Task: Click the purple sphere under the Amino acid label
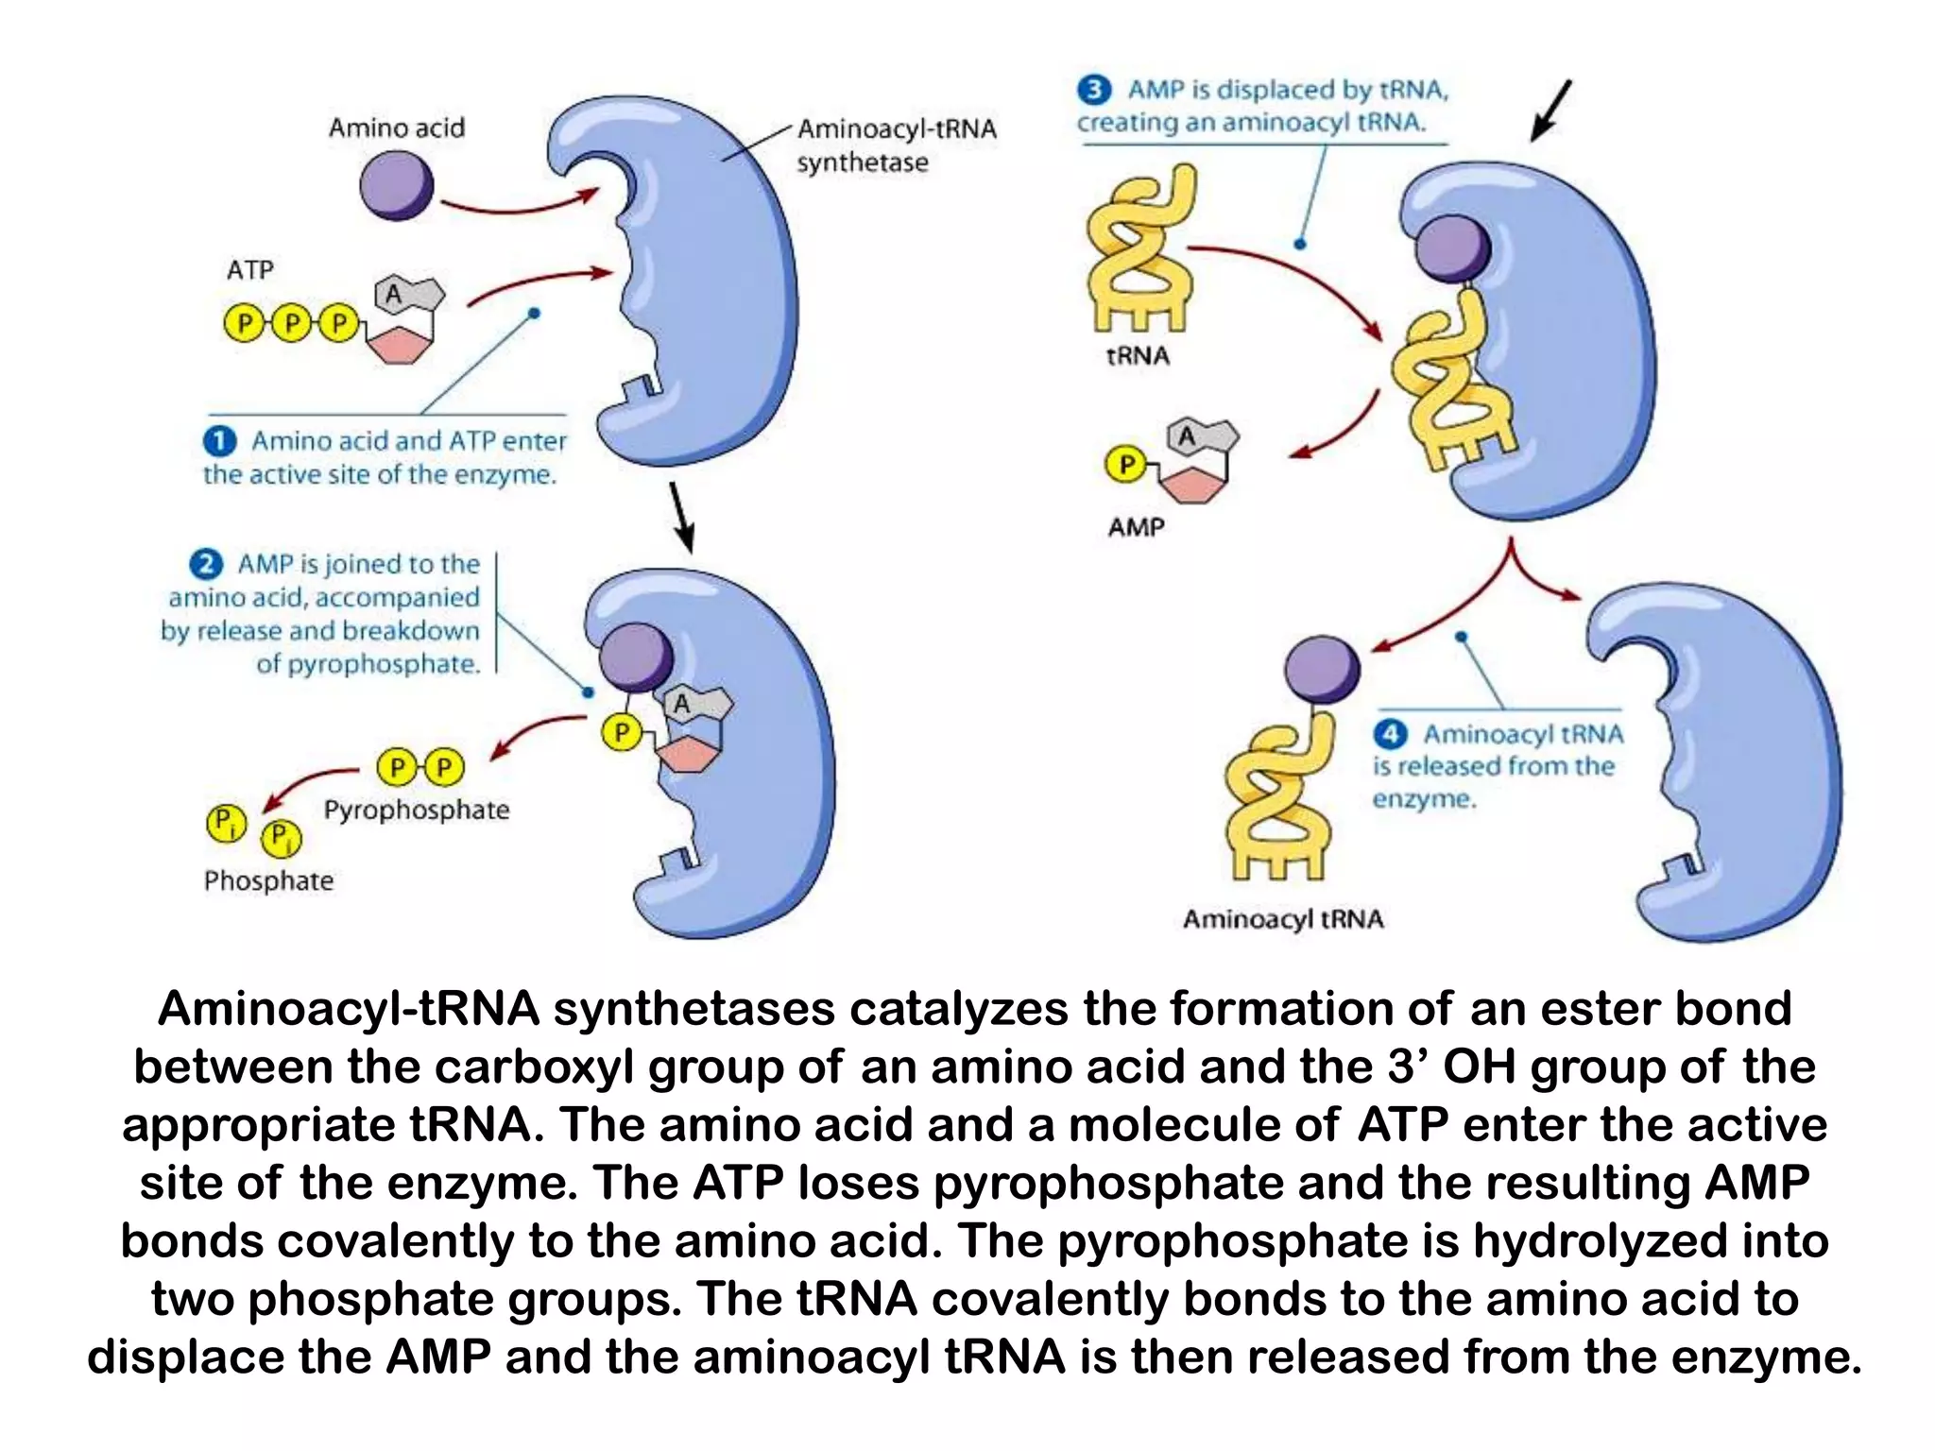click(397, 187)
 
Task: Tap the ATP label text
click(250, 270)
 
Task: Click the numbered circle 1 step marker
click(219, 441)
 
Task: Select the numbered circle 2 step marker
click(206, 564)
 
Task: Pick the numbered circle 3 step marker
click(1093, 90)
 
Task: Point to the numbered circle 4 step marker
click(1390, 734)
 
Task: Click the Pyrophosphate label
click(416, 810)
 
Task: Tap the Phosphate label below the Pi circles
click(269, 880)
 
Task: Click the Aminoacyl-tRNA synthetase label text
click(896, 145)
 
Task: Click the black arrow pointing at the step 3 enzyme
click(1550, 111)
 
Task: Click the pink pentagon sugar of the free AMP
click(1192, 485)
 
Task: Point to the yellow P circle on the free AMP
click(1125, 464)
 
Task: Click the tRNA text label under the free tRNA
click(1138, 356)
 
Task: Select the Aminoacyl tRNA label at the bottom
click(1283, 918)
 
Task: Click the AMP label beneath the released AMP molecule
click(1136, 527)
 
